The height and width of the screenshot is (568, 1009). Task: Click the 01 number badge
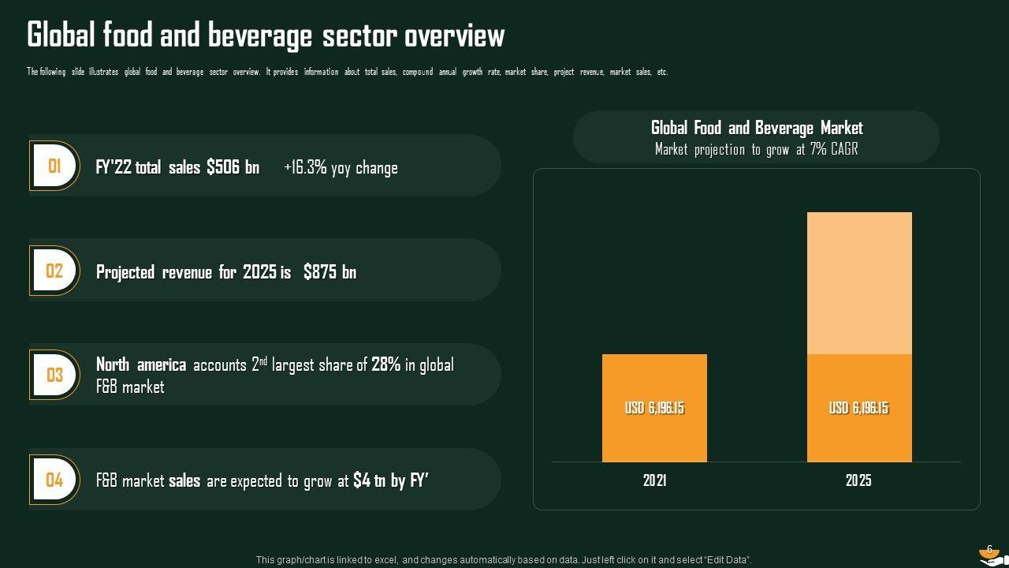pos(54,166)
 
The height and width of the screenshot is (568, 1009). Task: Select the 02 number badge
pos(54,271)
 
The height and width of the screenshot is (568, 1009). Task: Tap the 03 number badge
pos(54,375)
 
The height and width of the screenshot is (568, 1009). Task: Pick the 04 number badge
pos(54,480)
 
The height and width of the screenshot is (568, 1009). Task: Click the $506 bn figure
pos(233,167)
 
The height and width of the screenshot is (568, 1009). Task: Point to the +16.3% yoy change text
pos(341,167)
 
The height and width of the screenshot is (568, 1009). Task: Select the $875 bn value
pos(330,272)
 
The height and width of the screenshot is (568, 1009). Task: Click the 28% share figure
pos(385,364)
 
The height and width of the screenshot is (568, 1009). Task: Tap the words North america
pos(141,364)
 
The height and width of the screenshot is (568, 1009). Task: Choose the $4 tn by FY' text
pos(390,480)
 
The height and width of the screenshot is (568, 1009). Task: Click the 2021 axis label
pos(654,480)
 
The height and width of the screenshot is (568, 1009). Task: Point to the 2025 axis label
pos(858,480)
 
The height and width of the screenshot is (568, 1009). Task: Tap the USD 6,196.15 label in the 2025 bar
pos(858,408)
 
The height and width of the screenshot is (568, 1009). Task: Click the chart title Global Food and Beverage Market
pos(757,128)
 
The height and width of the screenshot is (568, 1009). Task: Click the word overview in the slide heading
pos(455,36)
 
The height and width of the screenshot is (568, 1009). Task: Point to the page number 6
pos(989,549)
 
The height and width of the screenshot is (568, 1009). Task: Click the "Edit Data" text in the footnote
pos(724,560)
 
